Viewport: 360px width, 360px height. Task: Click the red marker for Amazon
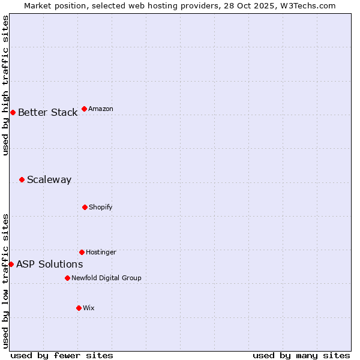pyautogui.click(x=84, y=109)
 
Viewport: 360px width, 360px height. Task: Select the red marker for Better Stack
pyautogui.click(x=13, y=112)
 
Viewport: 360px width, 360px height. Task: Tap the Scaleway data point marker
pyautogui.click(x=22, y=179)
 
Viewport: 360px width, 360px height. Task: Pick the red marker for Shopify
pyautogui.click(x=85, y=207)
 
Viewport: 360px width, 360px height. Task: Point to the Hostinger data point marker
pyautogui.click(x=82, y=252)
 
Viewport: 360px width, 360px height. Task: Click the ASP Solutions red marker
pyautogui.click(x=11, y=264)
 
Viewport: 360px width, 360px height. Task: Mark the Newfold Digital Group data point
pyautogui.click(x=67, y=278)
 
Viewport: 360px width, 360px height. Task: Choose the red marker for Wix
pyautogui.click(x=79, y=308)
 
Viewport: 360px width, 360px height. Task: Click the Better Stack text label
pyautogui.click(x=47, y=113)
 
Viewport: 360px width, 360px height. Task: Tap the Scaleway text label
pyautogui.click(x=49, y=180)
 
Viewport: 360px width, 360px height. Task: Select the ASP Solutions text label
pyautogui.click(x=49, y=265)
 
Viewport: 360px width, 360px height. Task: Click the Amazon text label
pyautogui.click(x=101, y=109)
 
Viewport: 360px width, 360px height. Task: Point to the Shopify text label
pyautogui.click(x=101, y=208)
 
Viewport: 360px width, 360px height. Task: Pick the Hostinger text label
pyautogui.click(x=101, y=253)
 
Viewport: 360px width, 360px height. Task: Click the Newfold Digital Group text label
pyautogui.click(x=106, y=278)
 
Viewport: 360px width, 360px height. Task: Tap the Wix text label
pyautogui.click(x=89, y=308)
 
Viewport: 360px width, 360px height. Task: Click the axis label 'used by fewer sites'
pyautogui.click(x=62, y=355)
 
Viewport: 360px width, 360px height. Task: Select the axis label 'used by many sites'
pyautogui.click(x=301, y=355)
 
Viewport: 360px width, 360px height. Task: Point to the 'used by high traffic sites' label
pyautogui.click(x=5, y=85)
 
